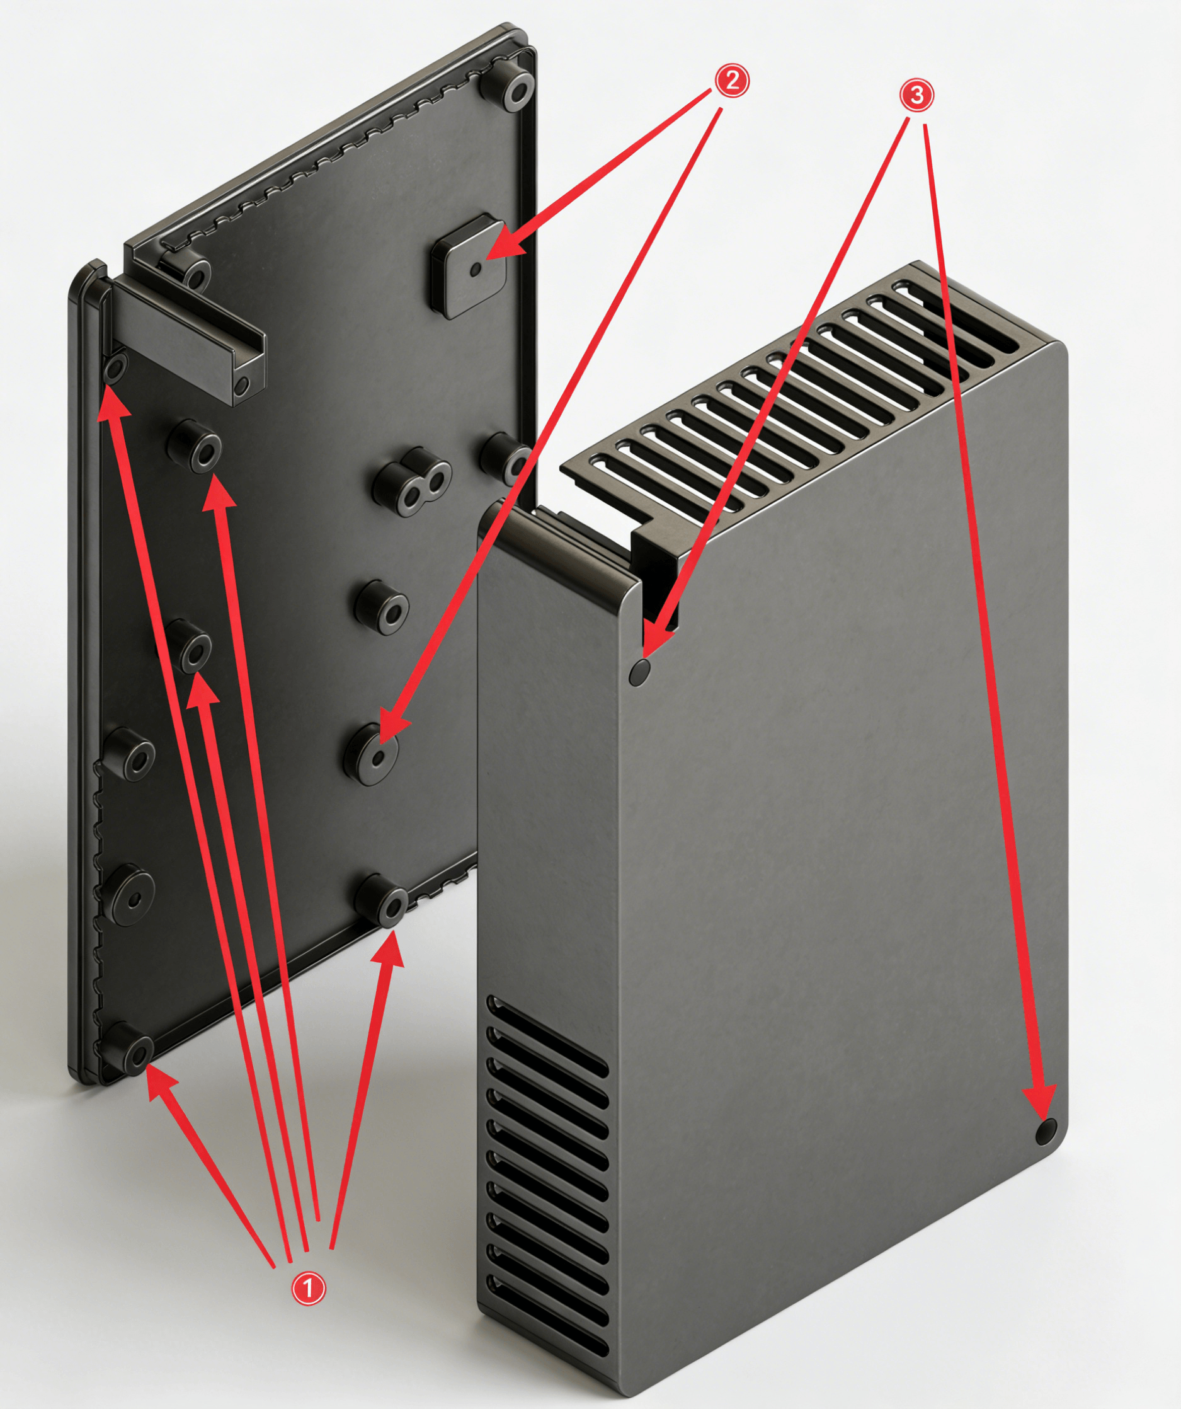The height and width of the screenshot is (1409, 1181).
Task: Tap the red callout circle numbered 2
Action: pyautogui.click(x=731, y=81)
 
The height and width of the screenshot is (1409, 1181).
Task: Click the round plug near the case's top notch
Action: pyautogui.click(x=639, y=672)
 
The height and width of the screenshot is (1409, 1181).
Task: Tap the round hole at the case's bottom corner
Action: pyautogui.click(x=1045, y=1131)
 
